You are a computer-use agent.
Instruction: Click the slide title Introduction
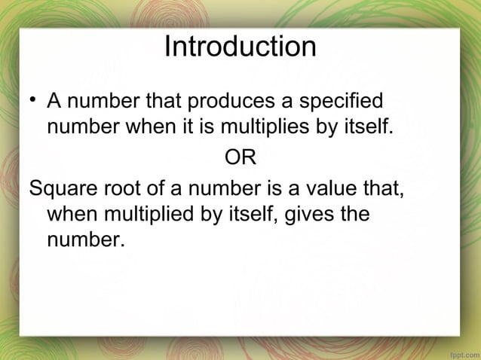240,47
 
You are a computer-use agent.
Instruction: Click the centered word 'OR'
240,158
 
